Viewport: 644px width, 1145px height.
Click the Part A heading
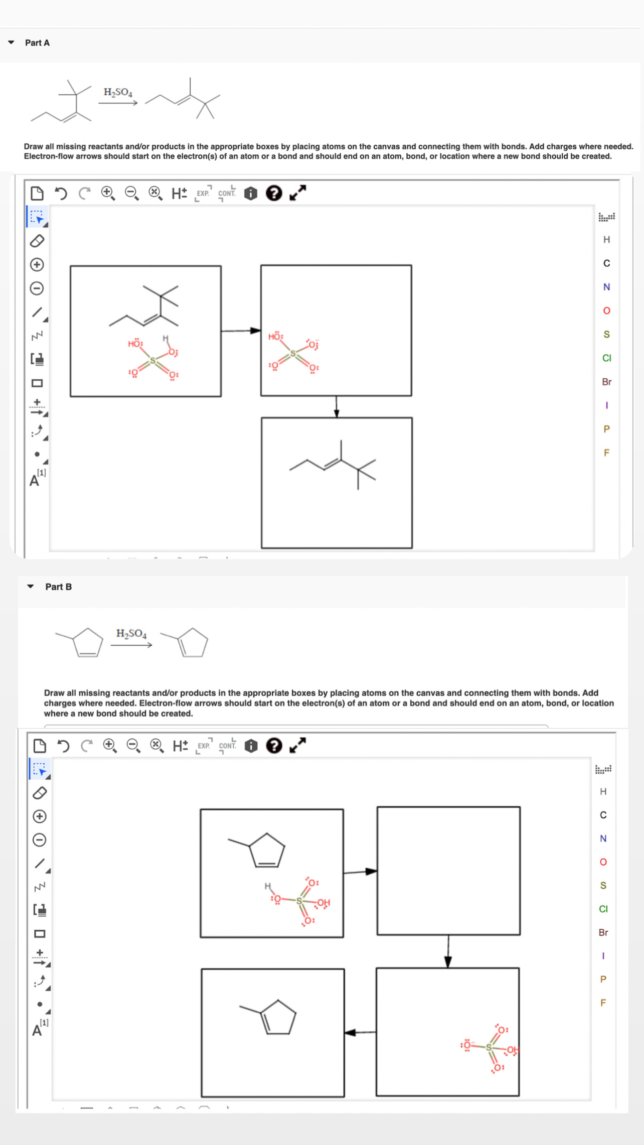point(37,43)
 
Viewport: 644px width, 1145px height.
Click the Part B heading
point(58,587)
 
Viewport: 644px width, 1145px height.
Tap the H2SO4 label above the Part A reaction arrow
point(118,92)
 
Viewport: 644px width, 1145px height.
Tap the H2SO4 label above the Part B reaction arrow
point(131,634)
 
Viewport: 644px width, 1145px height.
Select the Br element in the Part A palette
point(606,382)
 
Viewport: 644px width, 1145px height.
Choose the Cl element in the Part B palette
point(603,909)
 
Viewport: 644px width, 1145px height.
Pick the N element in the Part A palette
point(606,287)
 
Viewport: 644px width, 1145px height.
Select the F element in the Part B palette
point(603,1003)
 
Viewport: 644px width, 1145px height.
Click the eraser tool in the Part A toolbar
point(37,241)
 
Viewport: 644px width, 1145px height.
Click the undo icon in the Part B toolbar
point(63,746)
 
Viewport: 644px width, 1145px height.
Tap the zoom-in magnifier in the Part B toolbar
point(109,746)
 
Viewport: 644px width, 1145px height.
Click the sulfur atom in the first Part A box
point(153,361)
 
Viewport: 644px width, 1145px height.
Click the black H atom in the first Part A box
point(165,339)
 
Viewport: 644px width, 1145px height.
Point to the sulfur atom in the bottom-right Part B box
point(489,1047)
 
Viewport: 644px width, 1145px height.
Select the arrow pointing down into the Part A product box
point(337,407)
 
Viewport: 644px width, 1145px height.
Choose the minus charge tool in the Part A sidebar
point(37,289)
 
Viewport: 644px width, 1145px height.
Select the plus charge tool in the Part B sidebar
point(40,816)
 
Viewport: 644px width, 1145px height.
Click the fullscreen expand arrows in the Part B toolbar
point(297,746)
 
